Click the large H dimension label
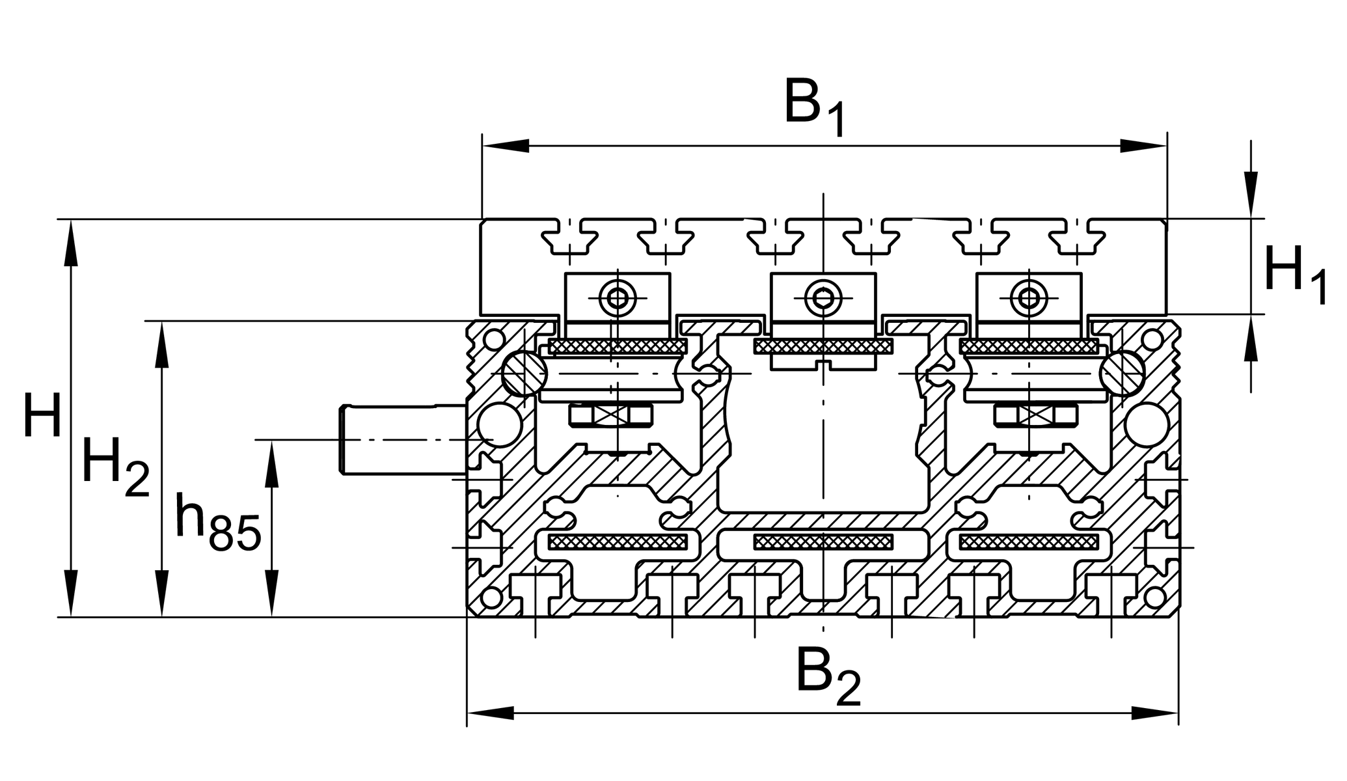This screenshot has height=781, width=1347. pyautogui.click(x=42, y=417)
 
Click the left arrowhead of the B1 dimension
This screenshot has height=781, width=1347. pyautogui.click(x=506, y=146)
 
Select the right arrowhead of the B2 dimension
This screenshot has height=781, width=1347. pyautogui.click(x=1154, y=713)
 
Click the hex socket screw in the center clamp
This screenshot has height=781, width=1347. pyautogui.click(x=823, y=298)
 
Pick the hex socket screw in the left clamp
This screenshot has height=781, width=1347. pyautogui.click(x=618, y=298)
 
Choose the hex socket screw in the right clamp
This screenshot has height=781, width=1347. pyautogui.click(x=1029, y=298)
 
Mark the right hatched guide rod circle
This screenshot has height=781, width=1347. pyautogui.click(x=1122, y=373)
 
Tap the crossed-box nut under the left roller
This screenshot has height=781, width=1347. pyautogui.click(x=610, y=415)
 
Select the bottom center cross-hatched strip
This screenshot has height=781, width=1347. pyautogui.click(x=823, y=541)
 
